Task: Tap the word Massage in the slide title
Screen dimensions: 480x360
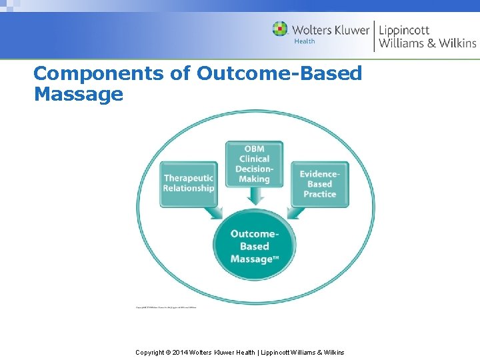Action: point(78,94)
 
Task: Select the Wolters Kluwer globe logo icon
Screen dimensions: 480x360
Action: point(280,29)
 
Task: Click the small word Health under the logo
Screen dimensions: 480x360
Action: point(304,41)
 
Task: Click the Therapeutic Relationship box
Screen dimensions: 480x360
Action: point(189,183)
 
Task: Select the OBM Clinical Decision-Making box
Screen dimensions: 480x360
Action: point(254,163)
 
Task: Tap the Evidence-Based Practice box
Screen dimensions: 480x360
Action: point(319,183)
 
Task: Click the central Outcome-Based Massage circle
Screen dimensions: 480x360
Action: point(254,245)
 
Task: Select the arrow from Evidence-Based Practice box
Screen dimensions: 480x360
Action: point(296,212)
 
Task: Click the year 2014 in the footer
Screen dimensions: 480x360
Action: point(181,352)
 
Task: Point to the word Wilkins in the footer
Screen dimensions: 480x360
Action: point(333,352)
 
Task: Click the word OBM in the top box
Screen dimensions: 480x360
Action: point(254,149)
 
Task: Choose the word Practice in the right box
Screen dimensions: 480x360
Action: point(319,194)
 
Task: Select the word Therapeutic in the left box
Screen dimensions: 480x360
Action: point(189,178)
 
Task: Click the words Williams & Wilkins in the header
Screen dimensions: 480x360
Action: point(427,43)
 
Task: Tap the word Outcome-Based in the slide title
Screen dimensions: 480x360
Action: point(279,73)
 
